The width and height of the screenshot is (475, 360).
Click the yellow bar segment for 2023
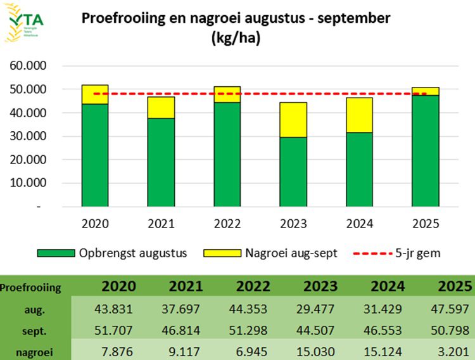(293, 120)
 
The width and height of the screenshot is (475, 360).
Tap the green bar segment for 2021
(161, 162)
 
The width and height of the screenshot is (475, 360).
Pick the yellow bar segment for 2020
(95, 94)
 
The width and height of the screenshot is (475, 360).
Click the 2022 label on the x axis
(227, 224)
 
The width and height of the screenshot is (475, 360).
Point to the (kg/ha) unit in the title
(236, 39)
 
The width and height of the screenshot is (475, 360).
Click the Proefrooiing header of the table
(31, 288)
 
